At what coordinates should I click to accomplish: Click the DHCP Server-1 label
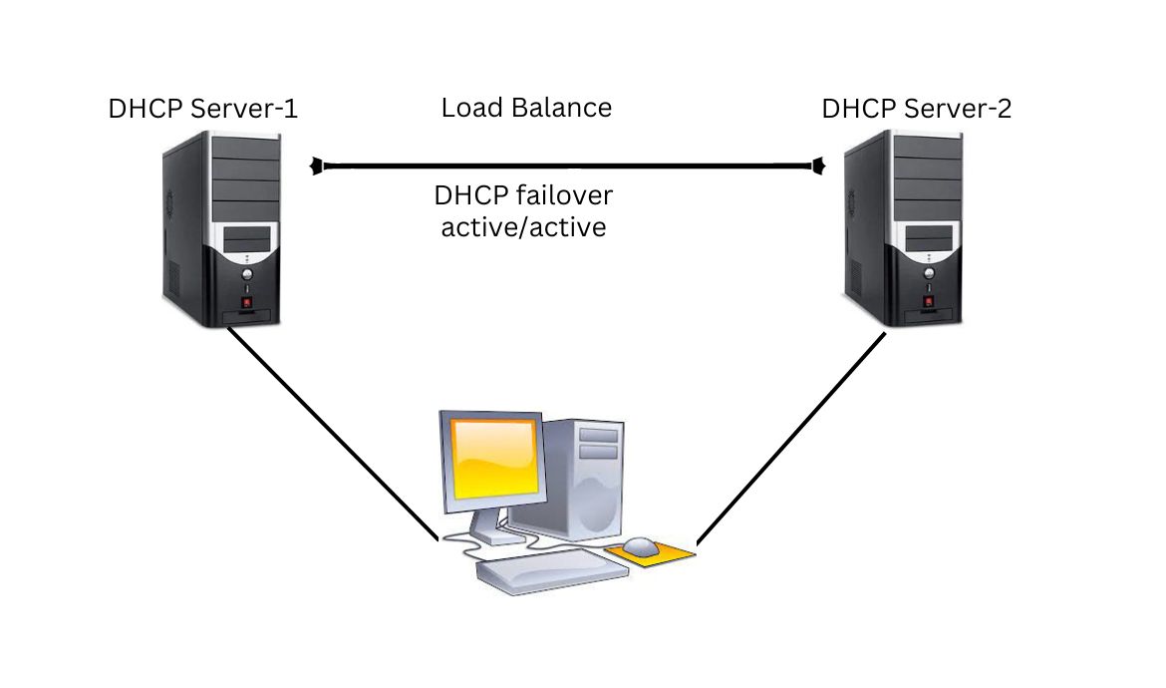pos(202,109)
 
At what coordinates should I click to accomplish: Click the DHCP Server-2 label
pos(916,109)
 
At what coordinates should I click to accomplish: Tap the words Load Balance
pos(526,108)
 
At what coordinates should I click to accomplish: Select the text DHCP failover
pos(523,194)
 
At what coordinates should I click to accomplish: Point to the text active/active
pos(523,228)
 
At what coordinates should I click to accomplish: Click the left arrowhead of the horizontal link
pos(317,166)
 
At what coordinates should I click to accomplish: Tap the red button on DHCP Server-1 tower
pos(246,300)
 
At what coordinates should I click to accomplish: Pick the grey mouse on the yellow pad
pos(641,546)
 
